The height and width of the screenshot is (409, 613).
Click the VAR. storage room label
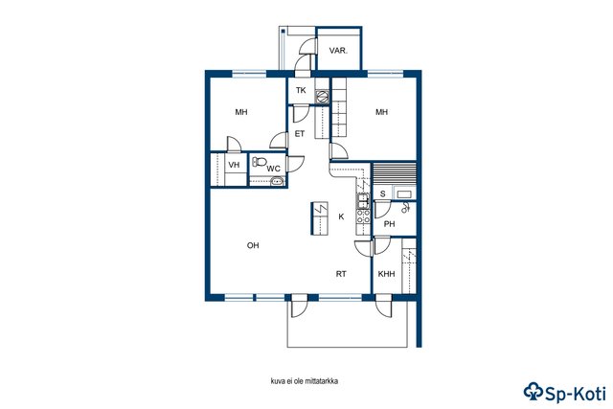pos(338,51)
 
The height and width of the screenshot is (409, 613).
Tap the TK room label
pos(301,90)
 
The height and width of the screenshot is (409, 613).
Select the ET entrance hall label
pos(300,134)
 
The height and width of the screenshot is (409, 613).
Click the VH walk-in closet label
pos(234,165)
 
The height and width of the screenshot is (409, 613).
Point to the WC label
pos(274,169)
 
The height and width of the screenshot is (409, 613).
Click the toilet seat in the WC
pos(260,161)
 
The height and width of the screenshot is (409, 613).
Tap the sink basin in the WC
pos(277,181)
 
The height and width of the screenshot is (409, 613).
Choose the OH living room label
pos(253,245)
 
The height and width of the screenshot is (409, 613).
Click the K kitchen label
pos(341,216)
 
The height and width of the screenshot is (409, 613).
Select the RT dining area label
pos(341,274)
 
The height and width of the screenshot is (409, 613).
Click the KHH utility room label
pos(386,274)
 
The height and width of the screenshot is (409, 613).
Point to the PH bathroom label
pos(389,224)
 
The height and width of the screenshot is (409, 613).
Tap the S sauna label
pos(383,193)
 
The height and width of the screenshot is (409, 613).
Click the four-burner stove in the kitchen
pos(363,216)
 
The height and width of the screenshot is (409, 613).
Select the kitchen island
pos(319,218)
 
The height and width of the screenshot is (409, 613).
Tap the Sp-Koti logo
pos(565,392)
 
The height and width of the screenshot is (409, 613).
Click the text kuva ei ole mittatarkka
pos(305,381)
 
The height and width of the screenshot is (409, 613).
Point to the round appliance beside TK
pos(322,96)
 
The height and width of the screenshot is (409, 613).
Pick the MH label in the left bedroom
pos(241,112)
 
